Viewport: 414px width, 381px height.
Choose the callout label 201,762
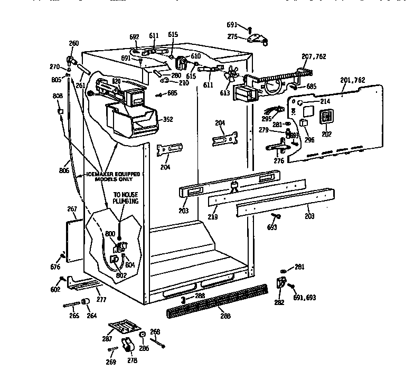click(352, 80)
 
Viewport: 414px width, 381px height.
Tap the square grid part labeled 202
click(327, 118)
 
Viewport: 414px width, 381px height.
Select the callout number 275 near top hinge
click(247, 36)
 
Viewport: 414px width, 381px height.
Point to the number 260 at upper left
click(73, 43)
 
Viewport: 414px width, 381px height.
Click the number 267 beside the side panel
click(72, 209)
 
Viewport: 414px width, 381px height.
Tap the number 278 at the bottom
click(131, 360)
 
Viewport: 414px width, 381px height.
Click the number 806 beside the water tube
click(64, 170)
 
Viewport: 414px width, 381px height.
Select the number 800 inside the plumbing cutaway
click(110, 233)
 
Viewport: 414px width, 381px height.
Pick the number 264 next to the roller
click(92, 316)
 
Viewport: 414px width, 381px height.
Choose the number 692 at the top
click(134, 37)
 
